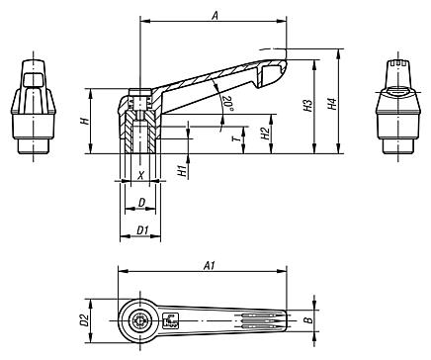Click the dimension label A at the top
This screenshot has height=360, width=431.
coord(215,12)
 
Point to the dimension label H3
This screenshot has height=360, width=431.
coord(307,106)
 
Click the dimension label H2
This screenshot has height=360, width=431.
coord(265,133)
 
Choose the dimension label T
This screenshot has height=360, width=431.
coord(234,141)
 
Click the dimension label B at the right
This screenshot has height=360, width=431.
coord(308,320)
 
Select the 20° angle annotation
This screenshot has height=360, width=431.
coord(226,102)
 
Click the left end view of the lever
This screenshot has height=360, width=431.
coord(34,109)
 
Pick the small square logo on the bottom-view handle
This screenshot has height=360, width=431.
coord(171,319)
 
